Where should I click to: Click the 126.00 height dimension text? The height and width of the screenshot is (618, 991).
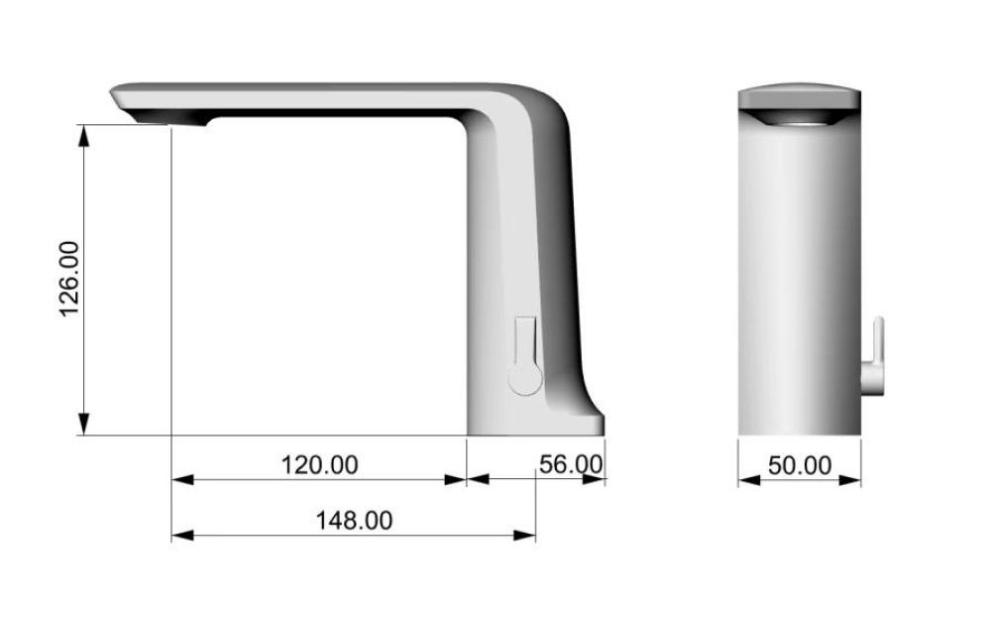tap(69, 279)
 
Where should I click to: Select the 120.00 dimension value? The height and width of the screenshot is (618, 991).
tap(319, 465)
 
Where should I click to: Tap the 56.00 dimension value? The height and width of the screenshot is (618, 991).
tap(571, 464)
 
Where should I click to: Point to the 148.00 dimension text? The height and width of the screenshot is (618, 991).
tap(354, 521)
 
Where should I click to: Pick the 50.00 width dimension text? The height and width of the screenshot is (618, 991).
tap(800, 465)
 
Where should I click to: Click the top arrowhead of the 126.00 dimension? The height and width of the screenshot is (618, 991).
tap(83, 136)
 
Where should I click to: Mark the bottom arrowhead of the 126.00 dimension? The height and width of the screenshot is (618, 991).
tap(83, 424)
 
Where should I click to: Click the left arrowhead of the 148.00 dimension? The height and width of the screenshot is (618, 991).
tap(182, 536)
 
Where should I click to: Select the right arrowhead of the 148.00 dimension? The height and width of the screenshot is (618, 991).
tap(524, 536)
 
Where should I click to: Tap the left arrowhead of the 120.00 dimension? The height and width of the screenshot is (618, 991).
tap(182, 480)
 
